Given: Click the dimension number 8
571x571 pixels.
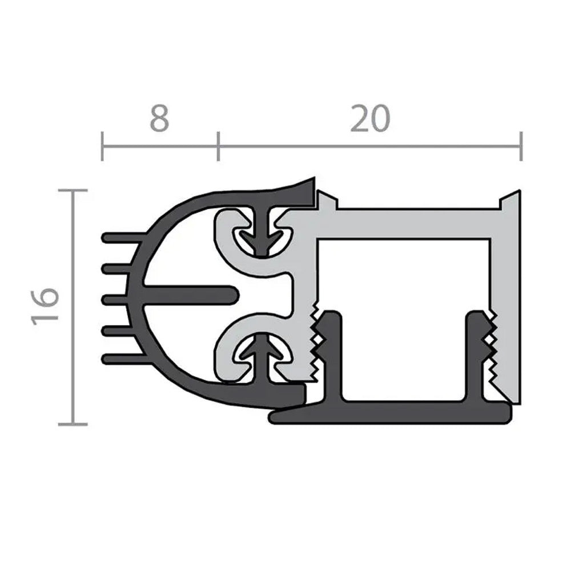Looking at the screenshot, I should [x=159, y=119].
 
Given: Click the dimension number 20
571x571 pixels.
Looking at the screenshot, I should [x=369, y=119].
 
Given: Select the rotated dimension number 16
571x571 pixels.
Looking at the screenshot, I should [x=46, y=307].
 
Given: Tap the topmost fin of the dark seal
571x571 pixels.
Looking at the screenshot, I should [x=120, y=236].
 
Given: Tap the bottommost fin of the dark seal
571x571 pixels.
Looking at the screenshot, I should [x=120, y=359].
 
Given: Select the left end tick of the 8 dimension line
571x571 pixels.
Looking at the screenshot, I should [x=102, y=146].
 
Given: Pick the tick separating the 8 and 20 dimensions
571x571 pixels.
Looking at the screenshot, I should [x=218, y=146].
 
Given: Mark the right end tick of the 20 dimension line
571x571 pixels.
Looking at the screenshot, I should [x=521, y=146].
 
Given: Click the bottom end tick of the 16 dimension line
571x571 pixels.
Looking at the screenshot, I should [x=73, y=424].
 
